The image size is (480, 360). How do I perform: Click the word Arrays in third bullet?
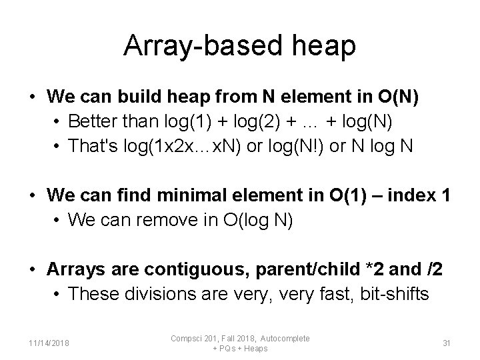73,269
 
